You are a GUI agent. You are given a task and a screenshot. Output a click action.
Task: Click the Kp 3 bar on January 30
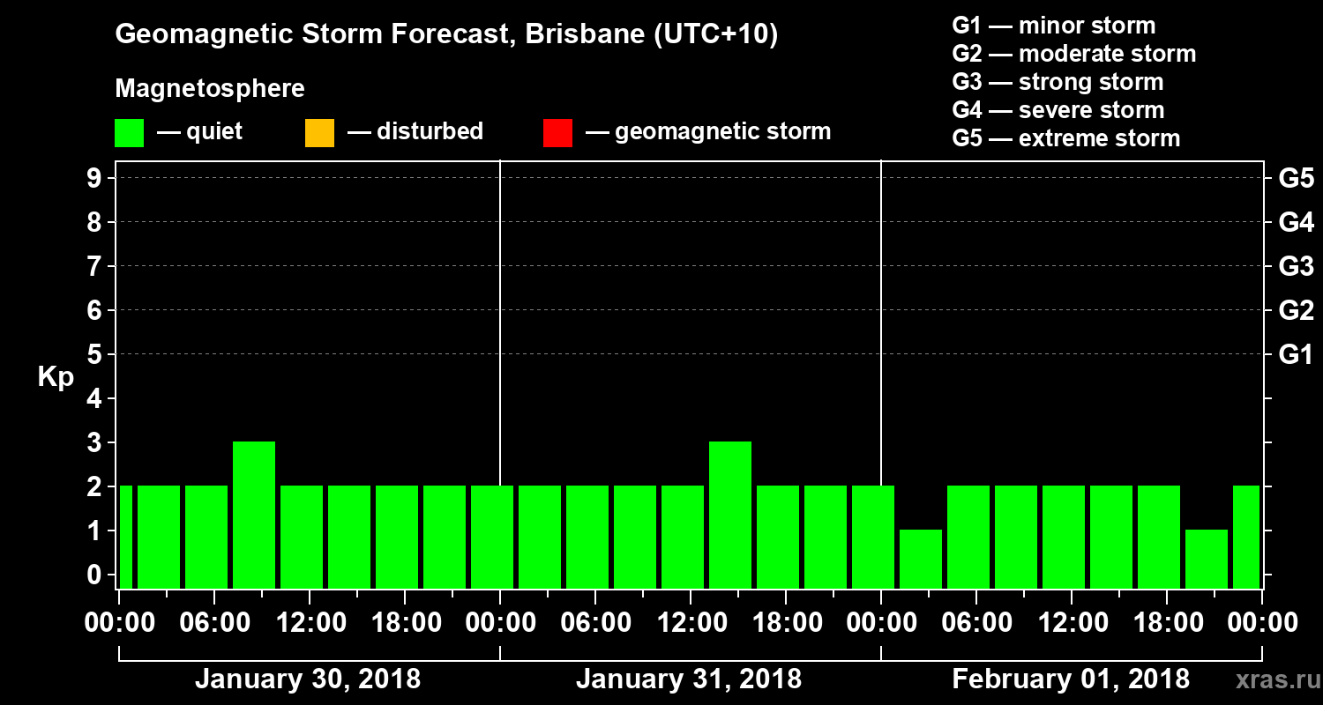point(254,515)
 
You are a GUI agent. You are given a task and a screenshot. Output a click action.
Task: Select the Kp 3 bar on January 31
point(730,515)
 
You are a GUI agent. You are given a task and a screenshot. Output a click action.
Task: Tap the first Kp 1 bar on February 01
point(921,559)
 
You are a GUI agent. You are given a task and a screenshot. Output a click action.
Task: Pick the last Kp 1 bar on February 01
point(1207,559)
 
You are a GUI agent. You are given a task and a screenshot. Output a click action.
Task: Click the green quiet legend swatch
point(130,133)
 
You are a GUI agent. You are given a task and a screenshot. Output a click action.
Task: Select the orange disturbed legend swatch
point(319,133)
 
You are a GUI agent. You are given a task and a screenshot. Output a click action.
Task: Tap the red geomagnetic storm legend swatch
point(557,133)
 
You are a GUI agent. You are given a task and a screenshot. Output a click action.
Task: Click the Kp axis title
point(56,377)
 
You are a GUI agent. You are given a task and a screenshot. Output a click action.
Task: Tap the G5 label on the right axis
point(1296,179)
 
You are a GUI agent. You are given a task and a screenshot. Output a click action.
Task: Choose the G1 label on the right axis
point(1296,355)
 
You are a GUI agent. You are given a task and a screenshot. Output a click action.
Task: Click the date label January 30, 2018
point(307,679)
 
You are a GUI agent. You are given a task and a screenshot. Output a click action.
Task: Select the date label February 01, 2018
point(1071,679)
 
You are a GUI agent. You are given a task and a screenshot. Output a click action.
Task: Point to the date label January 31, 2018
point(689,679)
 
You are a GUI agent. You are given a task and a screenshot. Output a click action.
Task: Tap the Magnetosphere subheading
point(210,89)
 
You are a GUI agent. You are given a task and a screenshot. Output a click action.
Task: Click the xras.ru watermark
point(1270,680)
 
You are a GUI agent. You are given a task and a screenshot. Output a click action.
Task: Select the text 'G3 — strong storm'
point(1058,82)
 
